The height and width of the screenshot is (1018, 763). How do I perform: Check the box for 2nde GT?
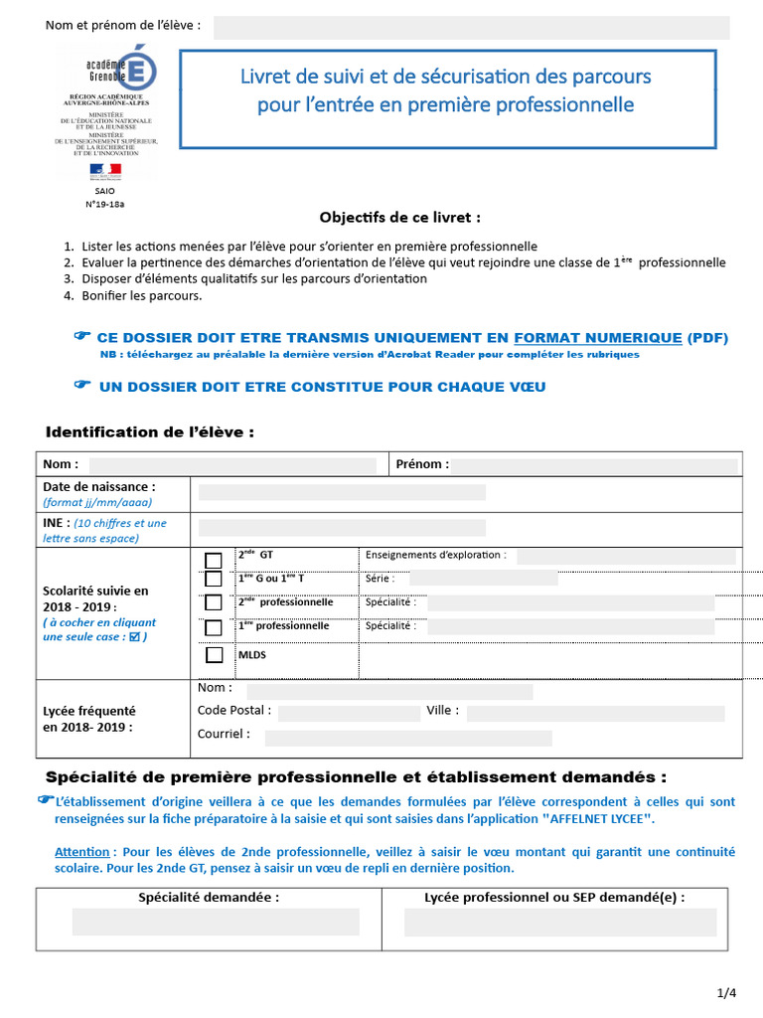click(214, 560)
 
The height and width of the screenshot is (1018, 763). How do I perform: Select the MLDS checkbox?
click(214, 655)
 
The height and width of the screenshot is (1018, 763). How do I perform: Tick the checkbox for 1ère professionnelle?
click(214, 628)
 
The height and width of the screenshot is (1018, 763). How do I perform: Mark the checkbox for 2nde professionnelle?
click(214, 602)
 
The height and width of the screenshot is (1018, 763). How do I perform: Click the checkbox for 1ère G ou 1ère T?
click(214, 579)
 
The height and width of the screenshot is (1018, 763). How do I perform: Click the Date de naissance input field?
click(342, 492)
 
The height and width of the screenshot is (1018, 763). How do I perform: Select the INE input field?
click(342, 528)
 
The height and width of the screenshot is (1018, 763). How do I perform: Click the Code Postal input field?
click(349, 713)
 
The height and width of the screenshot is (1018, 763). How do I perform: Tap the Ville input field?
click(595, 713)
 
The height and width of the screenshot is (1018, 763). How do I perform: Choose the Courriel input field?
click(407, 738)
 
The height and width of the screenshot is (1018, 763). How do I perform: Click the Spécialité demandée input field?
click(216, 922)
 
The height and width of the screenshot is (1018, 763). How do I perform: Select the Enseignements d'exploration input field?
click(626, 557)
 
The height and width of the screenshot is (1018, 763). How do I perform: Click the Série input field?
click(483, 579)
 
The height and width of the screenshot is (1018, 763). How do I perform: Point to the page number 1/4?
click(726, 993)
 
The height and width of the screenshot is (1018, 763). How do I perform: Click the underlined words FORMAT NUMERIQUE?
click(598, 338)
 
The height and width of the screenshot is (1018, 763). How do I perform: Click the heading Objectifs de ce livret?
click(400, 217)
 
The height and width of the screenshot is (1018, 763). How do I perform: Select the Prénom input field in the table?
click(594, 465)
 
